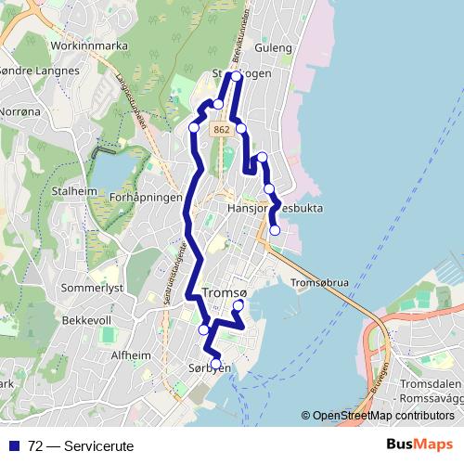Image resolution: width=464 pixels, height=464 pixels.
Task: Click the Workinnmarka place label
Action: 90,45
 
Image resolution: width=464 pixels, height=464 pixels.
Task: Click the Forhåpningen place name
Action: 145,198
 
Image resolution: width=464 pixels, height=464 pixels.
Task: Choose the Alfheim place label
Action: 131,355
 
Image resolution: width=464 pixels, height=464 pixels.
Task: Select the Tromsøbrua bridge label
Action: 319,283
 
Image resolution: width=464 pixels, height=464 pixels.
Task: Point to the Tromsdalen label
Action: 430,384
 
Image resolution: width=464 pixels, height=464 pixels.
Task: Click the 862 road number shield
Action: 221,131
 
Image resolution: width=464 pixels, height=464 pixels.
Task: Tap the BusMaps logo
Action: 419,445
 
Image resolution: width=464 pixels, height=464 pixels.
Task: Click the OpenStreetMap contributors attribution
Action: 382,416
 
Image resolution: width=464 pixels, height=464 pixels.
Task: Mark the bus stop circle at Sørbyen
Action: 217,363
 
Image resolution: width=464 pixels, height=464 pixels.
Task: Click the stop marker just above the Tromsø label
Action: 238,305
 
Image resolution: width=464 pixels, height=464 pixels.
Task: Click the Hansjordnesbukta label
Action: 275,209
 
